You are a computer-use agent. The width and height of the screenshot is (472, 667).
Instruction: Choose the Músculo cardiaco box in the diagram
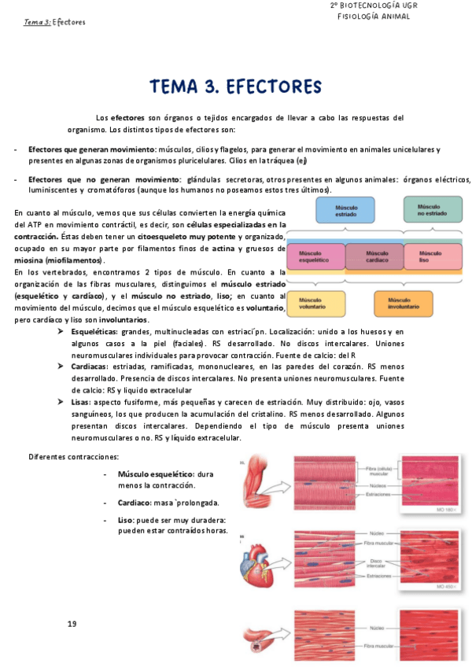click(374, 256)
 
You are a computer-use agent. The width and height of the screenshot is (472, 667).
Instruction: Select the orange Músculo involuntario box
click(404, 304)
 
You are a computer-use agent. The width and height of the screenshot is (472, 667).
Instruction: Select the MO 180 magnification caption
click(454, 510)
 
